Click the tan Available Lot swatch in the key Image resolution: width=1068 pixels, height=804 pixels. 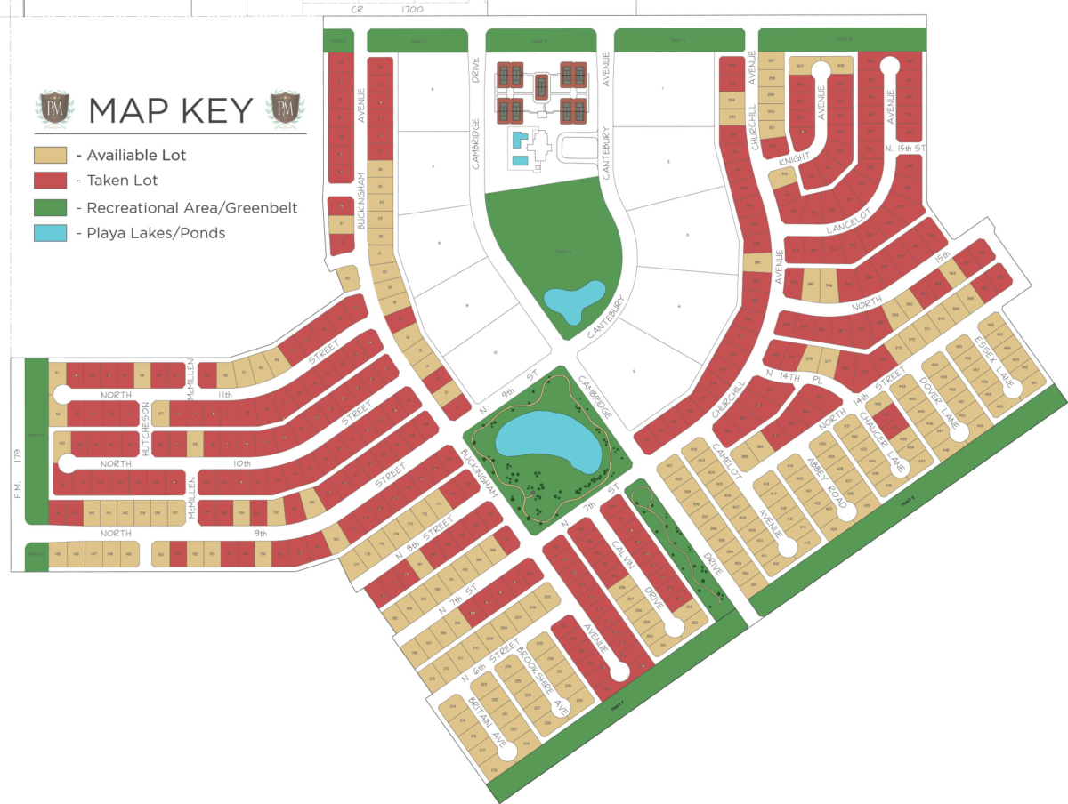coord(51,155)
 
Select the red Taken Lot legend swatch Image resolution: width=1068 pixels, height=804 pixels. coord(51,181)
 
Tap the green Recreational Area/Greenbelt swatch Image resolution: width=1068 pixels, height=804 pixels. coord(51,207)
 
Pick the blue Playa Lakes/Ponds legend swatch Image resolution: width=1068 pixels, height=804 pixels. coord(51,233)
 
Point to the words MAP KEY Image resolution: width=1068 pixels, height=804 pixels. coord(171,109)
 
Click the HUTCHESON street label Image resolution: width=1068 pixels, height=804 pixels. coord(146,429)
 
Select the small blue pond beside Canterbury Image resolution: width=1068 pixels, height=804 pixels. coord(573,301)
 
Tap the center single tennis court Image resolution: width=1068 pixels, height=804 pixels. coord(541,87)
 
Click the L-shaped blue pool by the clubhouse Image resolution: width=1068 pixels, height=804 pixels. coord(520,148)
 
